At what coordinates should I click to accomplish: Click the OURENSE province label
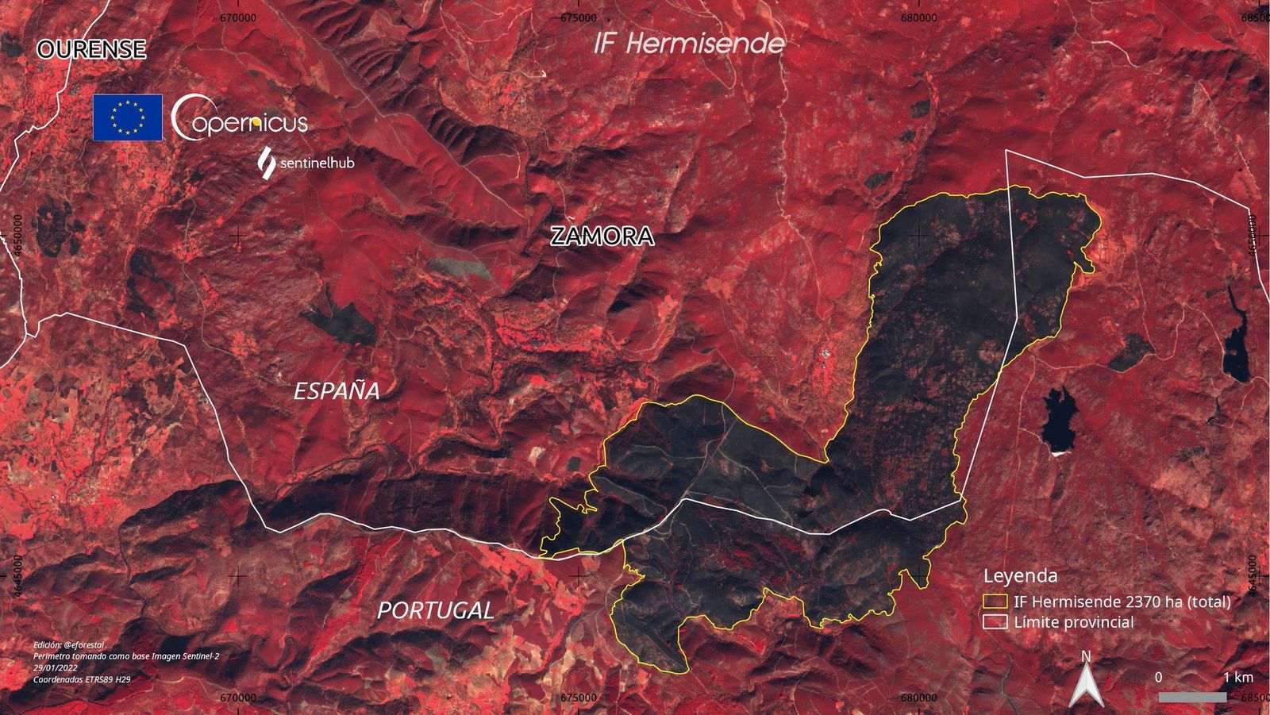pos(91,49)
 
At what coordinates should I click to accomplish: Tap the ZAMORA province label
pos(602,236)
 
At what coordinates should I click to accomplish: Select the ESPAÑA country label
pos(337,390)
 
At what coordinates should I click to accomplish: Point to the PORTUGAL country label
pos(435,610)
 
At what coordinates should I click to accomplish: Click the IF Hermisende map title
pos(689,43)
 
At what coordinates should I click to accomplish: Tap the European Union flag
pos(128,117)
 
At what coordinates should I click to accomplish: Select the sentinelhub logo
pos(306,163)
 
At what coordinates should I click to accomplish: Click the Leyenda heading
pos(1020,576)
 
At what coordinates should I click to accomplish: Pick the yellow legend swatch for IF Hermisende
pos(995,602)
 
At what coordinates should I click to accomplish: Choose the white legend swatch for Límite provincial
pos(995,622)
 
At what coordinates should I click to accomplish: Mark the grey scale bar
pos(1191,697)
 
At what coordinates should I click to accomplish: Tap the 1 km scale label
pos(1237,677)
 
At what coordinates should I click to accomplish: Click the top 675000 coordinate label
pos(578,17)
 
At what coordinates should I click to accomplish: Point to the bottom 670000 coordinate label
pos(237,698)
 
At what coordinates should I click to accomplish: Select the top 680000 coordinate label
pos(918,17)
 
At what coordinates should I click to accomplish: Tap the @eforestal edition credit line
pos(69,645)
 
